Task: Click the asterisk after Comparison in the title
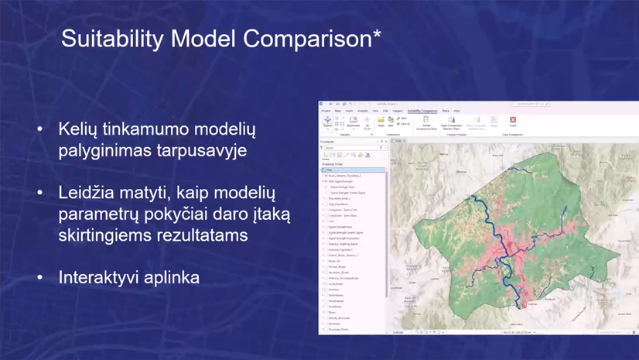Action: (377, 34)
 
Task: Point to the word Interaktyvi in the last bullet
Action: (98, 276)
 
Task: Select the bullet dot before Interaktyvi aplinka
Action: (40, 277)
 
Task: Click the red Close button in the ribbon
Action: (512, 122)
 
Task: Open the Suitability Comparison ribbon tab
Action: (422, 111)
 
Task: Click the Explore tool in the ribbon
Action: (327, 122)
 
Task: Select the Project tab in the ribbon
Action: (326, 111)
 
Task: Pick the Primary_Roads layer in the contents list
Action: (337, 266)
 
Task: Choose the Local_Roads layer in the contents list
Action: (335, 283)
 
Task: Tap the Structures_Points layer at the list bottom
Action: (338, 329)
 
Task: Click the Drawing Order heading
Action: (333, 164)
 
